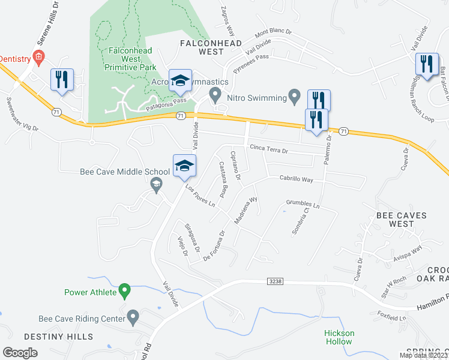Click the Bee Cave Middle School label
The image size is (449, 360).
(x=120, y=172)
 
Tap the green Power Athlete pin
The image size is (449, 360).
(x=124, y=292)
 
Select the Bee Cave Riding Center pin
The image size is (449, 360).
(x=133, y=316)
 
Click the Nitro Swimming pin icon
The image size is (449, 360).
(x=294, y=95)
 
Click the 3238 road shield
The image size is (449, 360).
(x=274, y=281)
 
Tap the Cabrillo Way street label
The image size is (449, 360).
(x=297, y=179)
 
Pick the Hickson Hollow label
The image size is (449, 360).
(x=339, y=337)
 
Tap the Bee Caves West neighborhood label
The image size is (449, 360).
(x=400, y=220)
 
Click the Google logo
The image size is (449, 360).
(x=20, y=353)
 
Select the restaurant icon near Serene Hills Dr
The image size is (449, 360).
(x=62, y=80)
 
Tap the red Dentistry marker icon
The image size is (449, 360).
(x=39, y=58)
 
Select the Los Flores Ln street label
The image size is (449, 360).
(x=200, y=196)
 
